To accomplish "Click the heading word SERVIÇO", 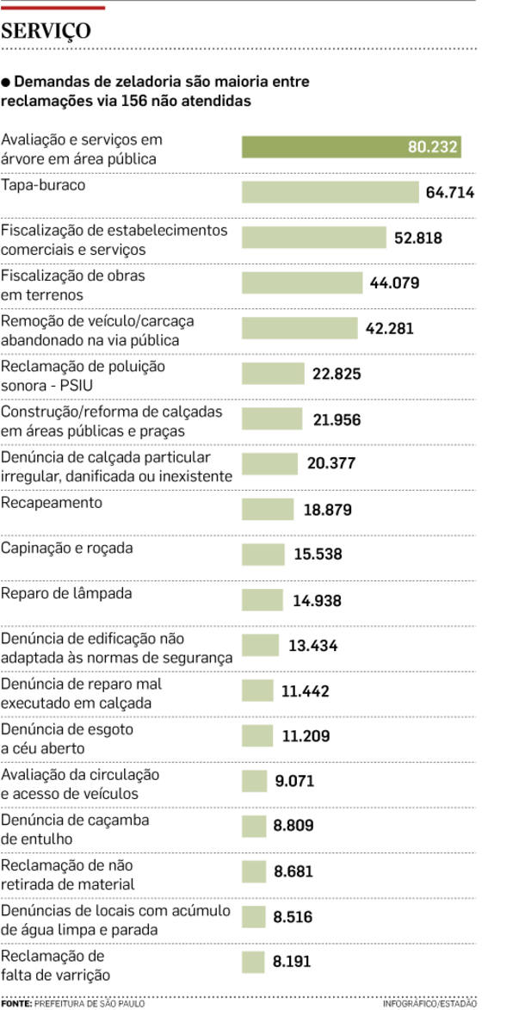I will (x=47, y=32).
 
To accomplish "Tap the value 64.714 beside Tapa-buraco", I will (x=449, y=192).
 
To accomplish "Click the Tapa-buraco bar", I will (x=330, y=192).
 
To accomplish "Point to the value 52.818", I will (x=418, y=238).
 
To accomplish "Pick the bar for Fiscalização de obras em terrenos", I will (x=302, y=283).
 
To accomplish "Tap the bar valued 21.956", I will (x=272, y=419).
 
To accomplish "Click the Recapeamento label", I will (x=52, y=502).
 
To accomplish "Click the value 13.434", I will (x=313, y=646).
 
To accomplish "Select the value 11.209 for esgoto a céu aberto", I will (x=306, y=736).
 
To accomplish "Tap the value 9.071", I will (x=294, y=782).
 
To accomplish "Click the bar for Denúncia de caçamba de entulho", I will (x=254, y=827).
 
